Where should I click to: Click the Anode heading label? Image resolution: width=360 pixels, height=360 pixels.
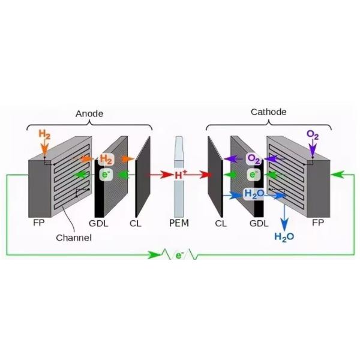[x=89, y=114]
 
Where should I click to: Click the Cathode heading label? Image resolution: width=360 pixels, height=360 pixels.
[x=268, y=112]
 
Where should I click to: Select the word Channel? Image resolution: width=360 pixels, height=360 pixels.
[x=74, y=238]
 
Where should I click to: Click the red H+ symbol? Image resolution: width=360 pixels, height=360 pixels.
[x=181, y=175]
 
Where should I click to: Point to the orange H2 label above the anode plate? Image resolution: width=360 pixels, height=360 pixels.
[x=44, y=133]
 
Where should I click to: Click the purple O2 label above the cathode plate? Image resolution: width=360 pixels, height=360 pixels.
[x=313, y=134]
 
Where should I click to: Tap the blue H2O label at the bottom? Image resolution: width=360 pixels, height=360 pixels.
[x=284, y=236]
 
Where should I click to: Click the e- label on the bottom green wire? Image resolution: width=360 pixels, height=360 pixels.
[x=179, y=256]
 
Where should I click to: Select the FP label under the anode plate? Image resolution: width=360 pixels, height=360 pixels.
[x=38, y=223]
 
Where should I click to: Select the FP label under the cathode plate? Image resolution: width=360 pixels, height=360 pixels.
[x=318, y=223]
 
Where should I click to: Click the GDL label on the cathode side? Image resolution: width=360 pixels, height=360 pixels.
[x=259, y=223]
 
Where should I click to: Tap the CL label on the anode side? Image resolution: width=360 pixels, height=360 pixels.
[x=136, y=223]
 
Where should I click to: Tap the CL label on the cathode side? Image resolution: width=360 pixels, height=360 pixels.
[x=221, y=223]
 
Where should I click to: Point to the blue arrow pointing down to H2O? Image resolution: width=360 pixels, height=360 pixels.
[x=285, y=213]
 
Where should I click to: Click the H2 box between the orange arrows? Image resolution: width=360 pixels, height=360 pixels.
[x=106, y=159]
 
